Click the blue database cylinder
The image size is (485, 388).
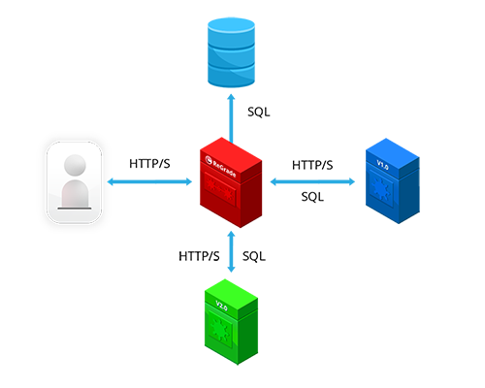coord(231,52)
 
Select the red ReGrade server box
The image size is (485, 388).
coord(231,182)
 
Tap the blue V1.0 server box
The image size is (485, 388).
coord(393,180)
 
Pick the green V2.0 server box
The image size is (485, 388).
coord(231,322)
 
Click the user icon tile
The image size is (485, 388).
coord(74,182)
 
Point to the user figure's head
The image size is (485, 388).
coord(75,165)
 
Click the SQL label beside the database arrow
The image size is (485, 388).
coord(259,113)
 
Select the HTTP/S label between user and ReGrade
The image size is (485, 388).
coord(149,164)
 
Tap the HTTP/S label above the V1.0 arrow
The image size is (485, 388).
coord(312,165)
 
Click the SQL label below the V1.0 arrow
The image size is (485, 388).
coord(312,197)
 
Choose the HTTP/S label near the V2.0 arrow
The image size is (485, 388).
coord(199,256)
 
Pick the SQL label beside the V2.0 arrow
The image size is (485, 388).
coord(254,256)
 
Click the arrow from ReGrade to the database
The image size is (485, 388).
coord(231,118)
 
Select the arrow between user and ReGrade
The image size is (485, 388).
coord(149,181)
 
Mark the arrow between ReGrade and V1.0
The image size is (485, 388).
coord(312,181)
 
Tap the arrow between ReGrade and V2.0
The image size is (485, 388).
coord(231,251)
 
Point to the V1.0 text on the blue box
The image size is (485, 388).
coord(382,165)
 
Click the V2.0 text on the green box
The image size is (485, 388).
coord(221,306)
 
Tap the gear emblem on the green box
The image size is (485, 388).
coord(220,329)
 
